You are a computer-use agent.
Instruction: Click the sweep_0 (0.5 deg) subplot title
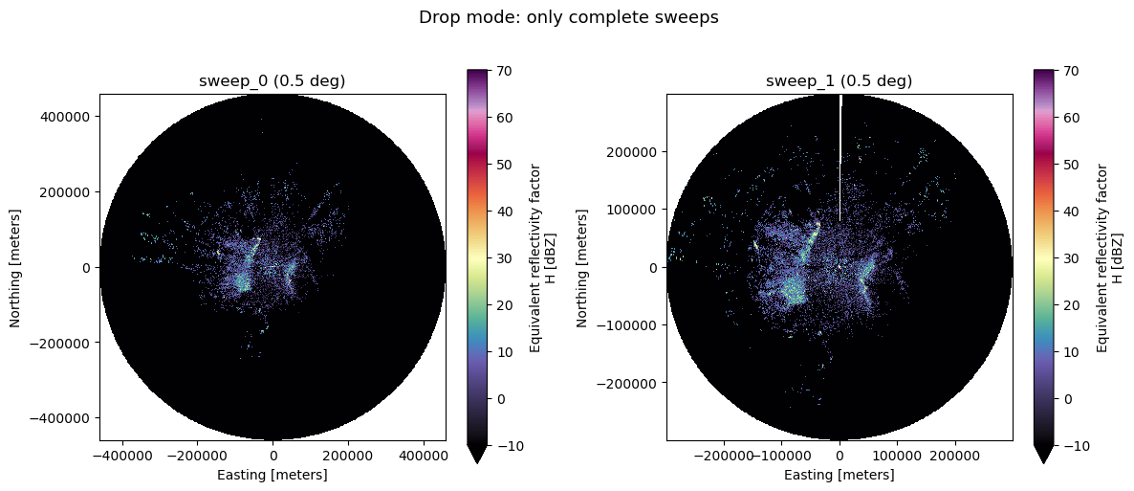tap(272, 82)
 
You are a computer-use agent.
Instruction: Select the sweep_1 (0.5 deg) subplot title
tap(839, 82)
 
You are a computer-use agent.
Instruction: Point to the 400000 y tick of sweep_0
tap(70, 117)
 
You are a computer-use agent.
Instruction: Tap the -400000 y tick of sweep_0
tap(67, 418)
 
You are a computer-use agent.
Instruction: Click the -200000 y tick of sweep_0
tap(67, 344)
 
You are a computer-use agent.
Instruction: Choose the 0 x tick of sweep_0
tap(273, 456)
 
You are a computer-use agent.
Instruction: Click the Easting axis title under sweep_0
tap(273, 475)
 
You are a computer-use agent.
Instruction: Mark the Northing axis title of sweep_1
tap(582, 268)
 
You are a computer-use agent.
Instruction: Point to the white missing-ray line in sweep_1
tap(840, 159)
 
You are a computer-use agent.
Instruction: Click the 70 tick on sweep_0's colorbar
tap(499, 71)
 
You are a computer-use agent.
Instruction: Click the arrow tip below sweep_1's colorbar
tap(1043, 462)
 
